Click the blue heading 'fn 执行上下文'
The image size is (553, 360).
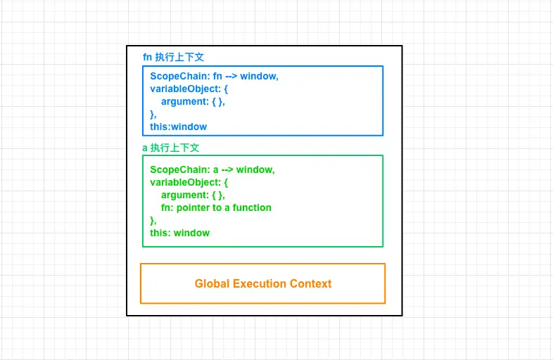point(173,57)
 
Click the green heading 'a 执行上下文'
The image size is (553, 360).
point(171,148)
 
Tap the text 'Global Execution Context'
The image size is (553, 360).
point(263,283)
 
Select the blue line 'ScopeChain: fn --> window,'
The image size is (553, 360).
point(214,76)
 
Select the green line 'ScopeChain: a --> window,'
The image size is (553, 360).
point(212,169)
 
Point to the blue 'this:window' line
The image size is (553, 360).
point(179,127)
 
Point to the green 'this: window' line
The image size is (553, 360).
point(179,233)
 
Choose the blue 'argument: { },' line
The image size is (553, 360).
point(193,101)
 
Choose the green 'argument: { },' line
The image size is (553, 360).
point(193,195)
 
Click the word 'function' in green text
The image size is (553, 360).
point(252,207)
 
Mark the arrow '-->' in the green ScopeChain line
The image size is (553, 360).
point(225,169)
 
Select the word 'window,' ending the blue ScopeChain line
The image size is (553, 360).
point(259,76)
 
